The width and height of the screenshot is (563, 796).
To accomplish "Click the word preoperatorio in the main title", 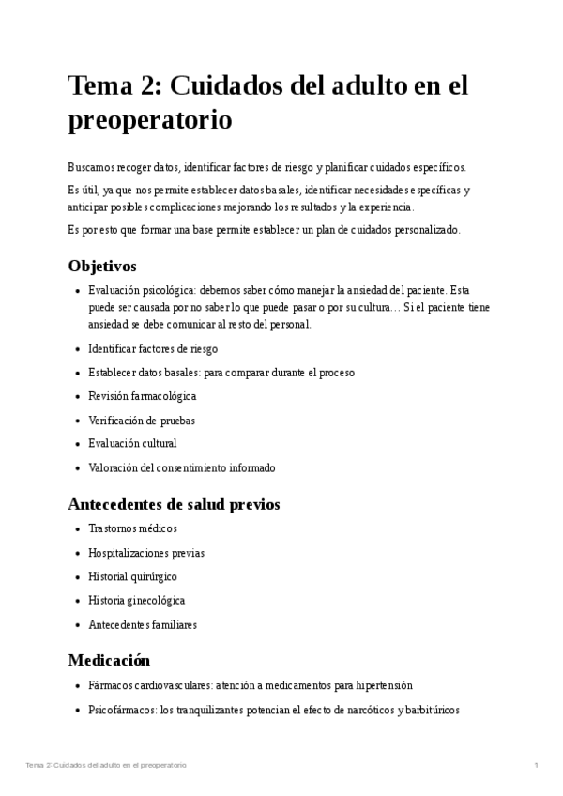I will (x=149, y=121).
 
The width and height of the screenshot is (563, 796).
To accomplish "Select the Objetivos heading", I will (x=102, y=266).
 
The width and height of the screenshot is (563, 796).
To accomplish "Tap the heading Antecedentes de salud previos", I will (x=174, y=504).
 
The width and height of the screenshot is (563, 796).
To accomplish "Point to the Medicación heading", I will (x=109, y=660).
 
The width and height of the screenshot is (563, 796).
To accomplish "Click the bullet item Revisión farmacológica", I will (x=142, y=396).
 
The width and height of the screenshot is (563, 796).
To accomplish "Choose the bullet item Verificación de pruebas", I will (x=141, y=421).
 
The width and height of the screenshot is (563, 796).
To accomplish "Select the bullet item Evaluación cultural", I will (x=131, y=444).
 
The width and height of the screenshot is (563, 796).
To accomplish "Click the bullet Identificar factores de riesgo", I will (x=152, y=348).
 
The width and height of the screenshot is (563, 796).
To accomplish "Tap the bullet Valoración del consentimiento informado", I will (x=181, y=467).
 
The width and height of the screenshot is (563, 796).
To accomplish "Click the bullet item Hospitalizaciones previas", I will (x=145, y=553).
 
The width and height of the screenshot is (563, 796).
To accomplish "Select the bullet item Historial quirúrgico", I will (x=132, y=576).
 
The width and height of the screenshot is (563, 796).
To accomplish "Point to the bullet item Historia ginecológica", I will (x=136, y=600).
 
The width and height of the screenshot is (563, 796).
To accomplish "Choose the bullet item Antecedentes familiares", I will (x=142, y=624).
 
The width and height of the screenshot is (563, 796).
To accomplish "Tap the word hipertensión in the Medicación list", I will (x=383, y=686).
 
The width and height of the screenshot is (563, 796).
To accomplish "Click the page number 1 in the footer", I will (x=536, y=766).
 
